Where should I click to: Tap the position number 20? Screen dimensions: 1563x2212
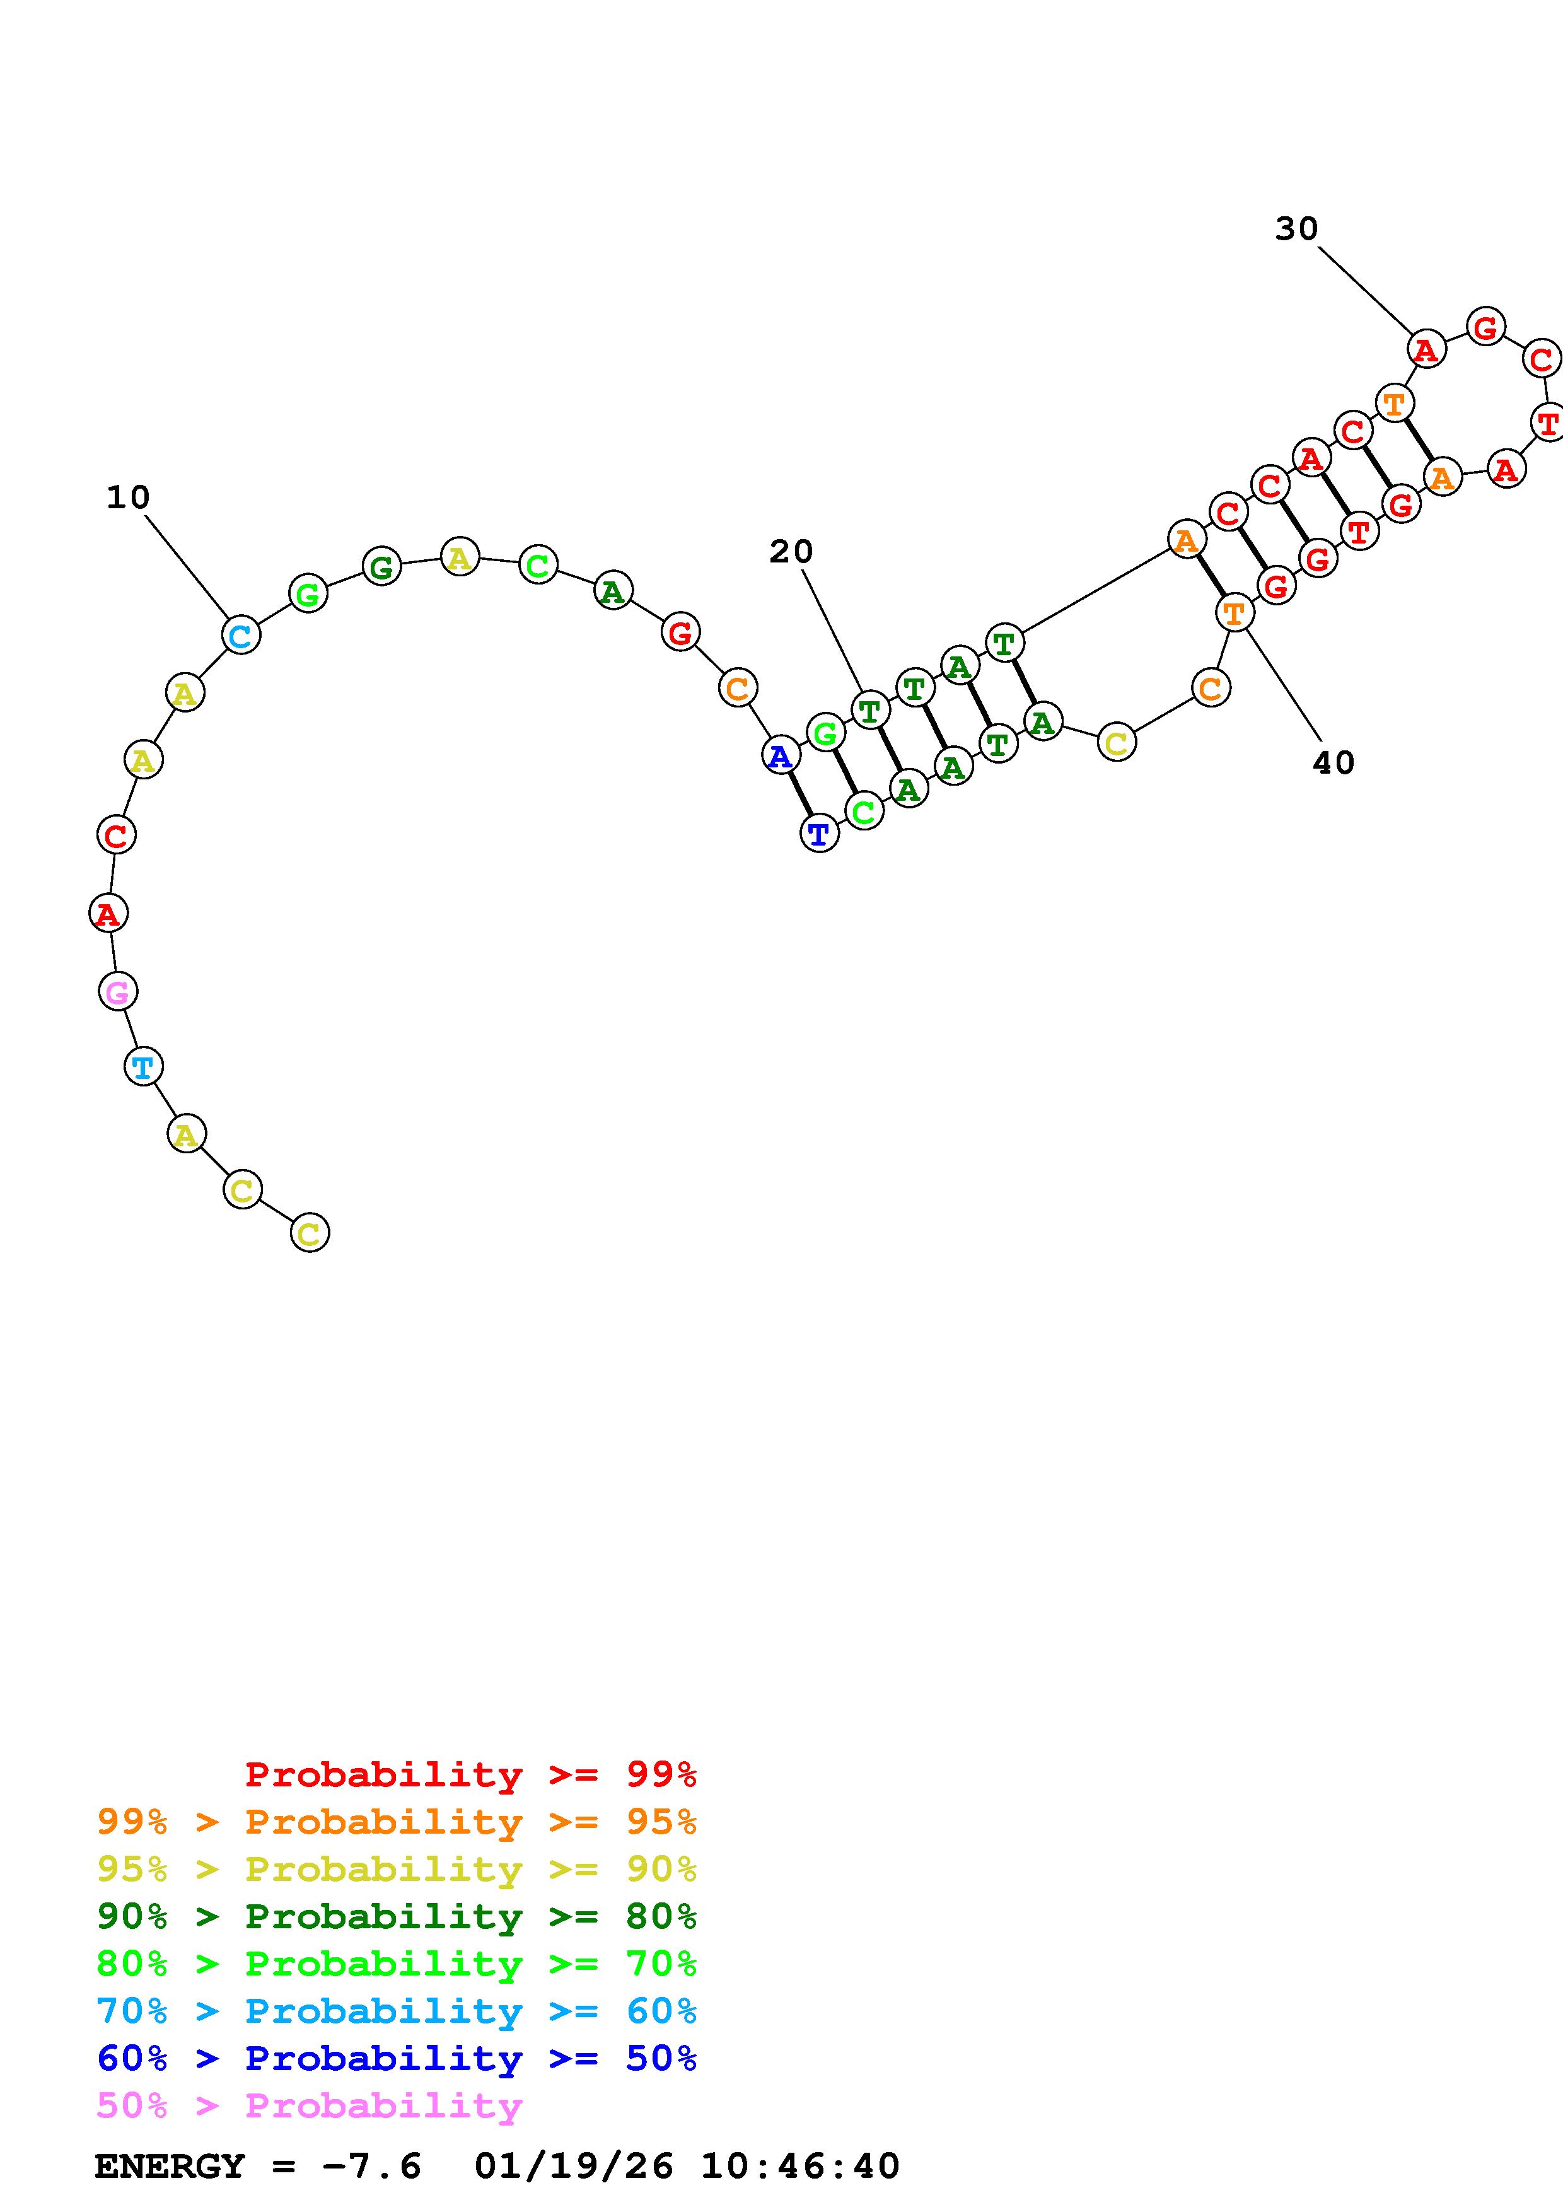pos(791,551)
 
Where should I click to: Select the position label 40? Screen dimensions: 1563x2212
pos(1333,763)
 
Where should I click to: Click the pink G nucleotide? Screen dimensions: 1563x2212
pos(117,991)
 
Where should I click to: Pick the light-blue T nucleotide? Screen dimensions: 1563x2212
pos(144,1066)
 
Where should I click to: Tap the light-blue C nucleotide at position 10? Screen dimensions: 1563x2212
pos(241,635)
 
